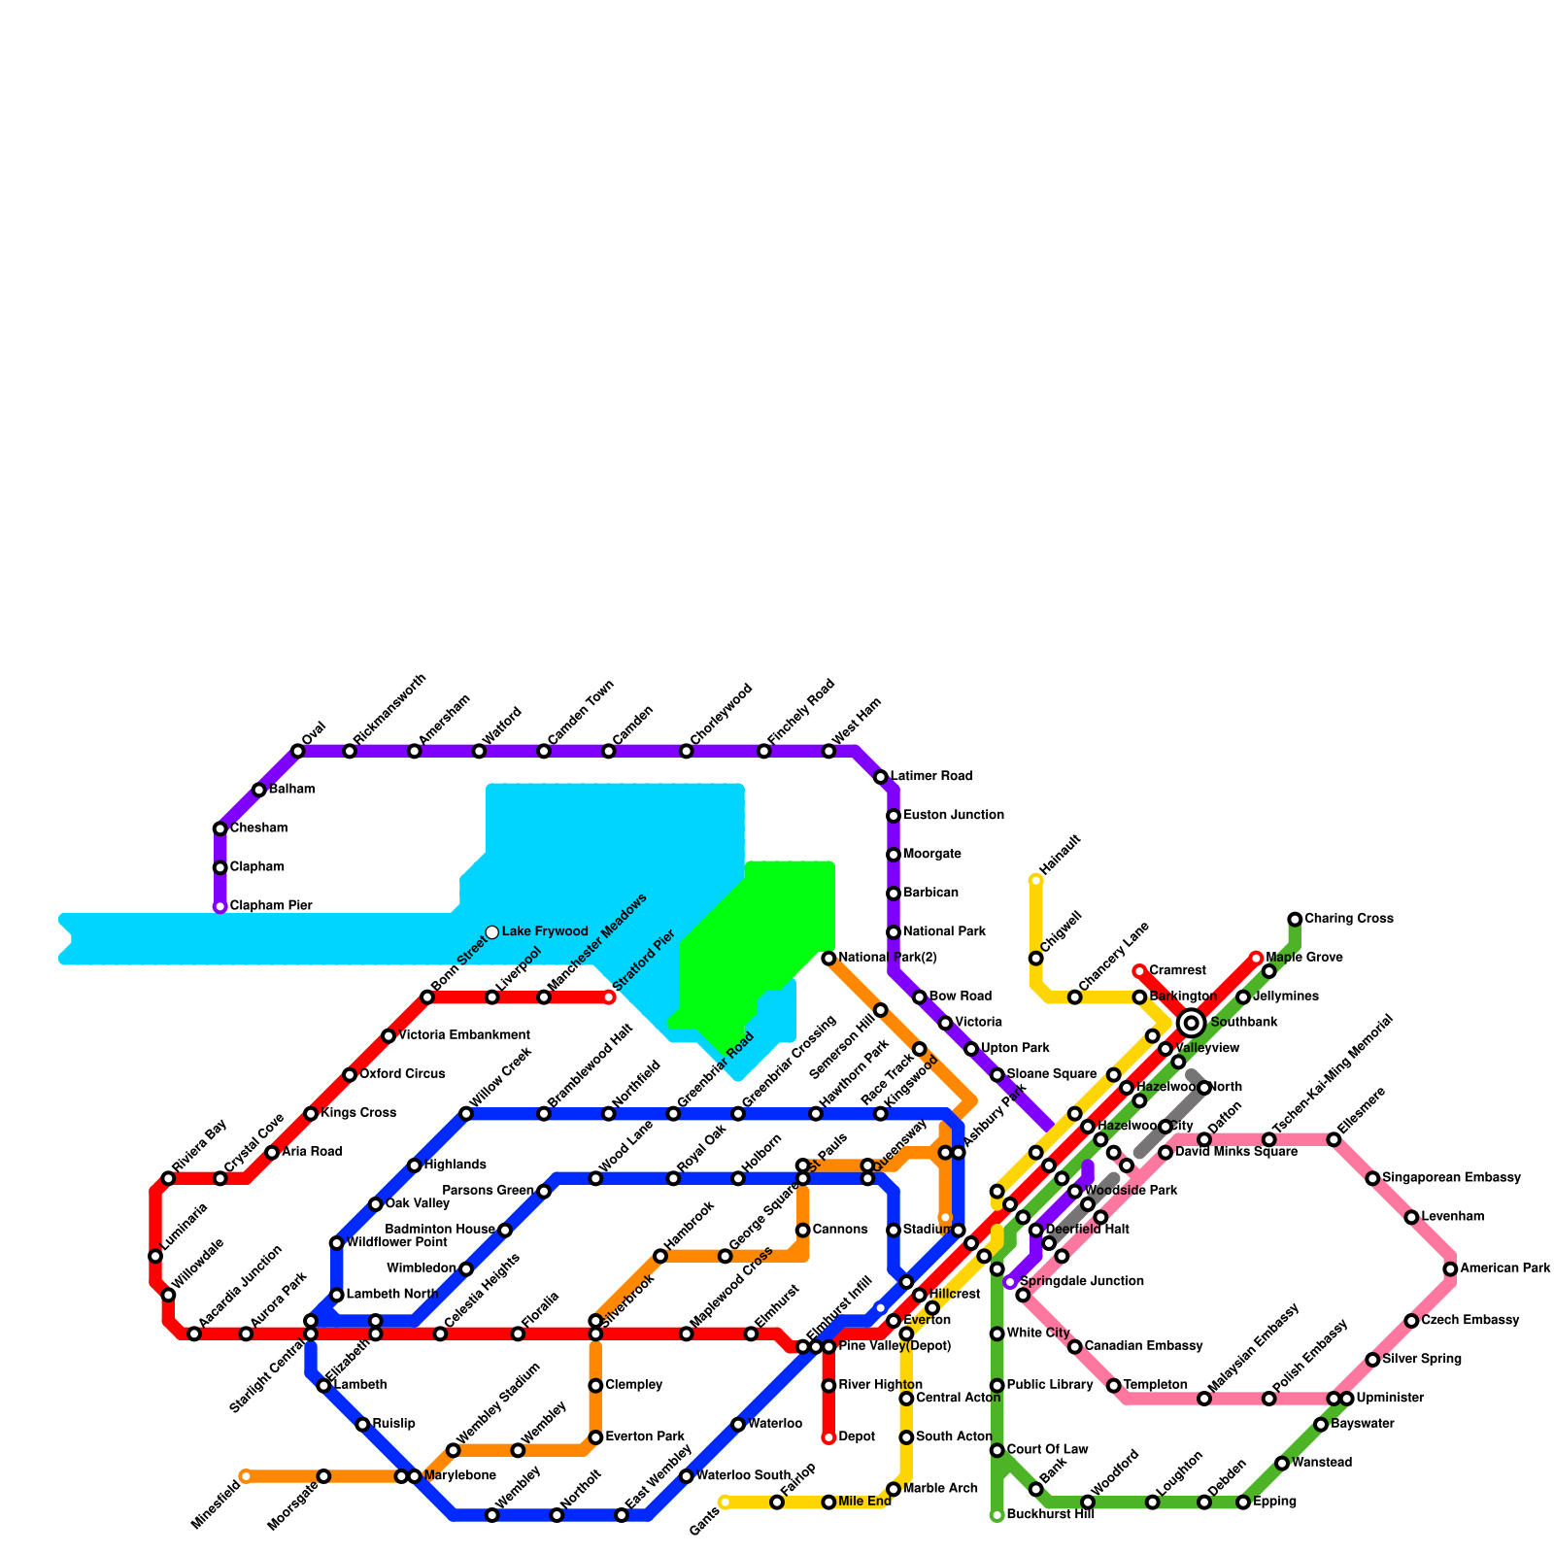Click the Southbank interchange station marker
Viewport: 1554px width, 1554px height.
point(1192,1023)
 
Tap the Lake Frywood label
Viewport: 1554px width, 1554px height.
point(545,932)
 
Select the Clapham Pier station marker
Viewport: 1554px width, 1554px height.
point(220,906)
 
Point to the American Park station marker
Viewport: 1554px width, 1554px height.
point(1450,1268)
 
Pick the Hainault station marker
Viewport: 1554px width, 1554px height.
point(1036,881)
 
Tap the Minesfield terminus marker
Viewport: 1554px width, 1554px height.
point(246,1476)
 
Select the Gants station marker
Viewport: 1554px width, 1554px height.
point(725,1503)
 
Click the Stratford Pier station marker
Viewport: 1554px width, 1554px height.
point(609,997)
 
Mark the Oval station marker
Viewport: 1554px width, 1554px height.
point(298,751)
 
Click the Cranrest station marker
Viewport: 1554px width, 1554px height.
point(1139,971)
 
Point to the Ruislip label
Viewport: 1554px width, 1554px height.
point(393,1424)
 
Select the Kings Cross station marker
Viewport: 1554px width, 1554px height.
point(311,1113)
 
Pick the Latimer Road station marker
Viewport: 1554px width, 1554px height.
point(881,777)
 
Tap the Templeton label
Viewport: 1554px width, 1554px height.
point(1155,1385)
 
